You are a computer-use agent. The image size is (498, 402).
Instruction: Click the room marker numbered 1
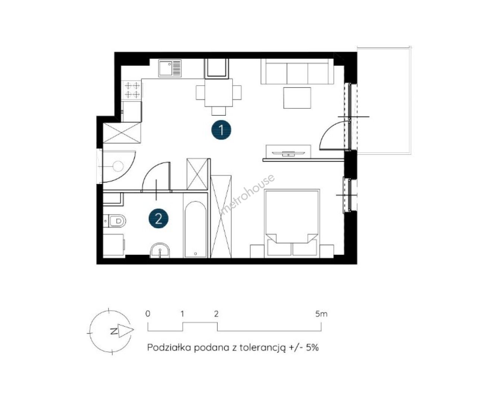pyautogui.click(x=221, y=130)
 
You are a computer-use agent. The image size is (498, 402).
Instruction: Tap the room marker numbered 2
pyautogui.click(x=158, y=219)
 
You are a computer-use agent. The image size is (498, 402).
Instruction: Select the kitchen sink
pyautogui.click(x=170, y=68)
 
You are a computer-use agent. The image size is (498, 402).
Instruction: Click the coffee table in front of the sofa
pyautogui.click(x=297, y=98)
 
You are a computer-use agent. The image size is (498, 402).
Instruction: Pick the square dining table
pyautogui.click(x=218, y=93)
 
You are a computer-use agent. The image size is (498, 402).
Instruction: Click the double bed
pyautogui.click(x=292, y=223)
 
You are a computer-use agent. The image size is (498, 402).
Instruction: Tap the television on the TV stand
pyautogui.click(x=289, y=153)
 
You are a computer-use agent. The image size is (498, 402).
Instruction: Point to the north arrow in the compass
pyautogui.click(x=126, y=331)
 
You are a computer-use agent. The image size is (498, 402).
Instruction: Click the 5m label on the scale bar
pyautogui.click(x=321, y=314)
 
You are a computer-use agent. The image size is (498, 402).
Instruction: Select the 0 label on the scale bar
pyautogui.click(x=148, y=314)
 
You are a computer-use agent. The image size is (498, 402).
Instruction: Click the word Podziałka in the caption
pyautogui.click(x=169, y=348)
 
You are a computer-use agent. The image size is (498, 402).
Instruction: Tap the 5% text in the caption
pyautogui.click(x=312, y=348)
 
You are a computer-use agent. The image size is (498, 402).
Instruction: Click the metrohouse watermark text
pyautogui.click(x=248, y=194)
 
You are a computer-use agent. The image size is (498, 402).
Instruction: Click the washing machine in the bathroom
pyautogui.click(x=114, y=245)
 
